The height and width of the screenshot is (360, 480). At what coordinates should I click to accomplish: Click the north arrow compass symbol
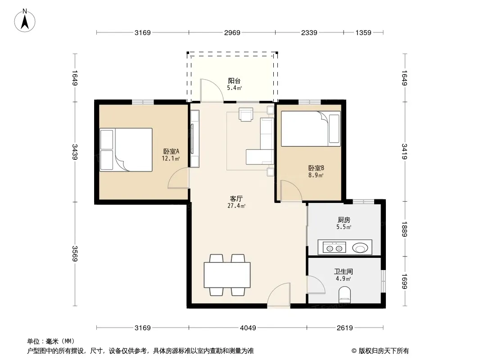[x=25, y=21]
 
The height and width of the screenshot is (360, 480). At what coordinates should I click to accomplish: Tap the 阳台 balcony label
[x=234, y=81]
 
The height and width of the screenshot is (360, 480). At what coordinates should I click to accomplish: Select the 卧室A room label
[x=171, y=151]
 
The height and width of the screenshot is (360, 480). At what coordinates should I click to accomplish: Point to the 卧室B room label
[x=316, y=168]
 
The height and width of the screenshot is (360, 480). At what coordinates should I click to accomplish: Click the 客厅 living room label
[x=236, y=198]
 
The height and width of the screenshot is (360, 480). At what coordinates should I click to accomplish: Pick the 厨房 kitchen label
[x=344, y=220]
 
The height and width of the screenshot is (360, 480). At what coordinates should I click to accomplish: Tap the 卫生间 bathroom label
[x=343, y=271]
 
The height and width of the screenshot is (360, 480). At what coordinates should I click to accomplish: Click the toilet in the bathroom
[x=345, y=294]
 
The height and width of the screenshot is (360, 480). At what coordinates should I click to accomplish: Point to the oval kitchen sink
[x=360, y=248]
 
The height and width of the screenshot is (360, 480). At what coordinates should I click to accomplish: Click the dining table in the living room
[x=227, y=275]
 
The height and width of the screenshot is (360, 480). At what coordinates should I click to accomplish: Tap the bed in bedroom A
[x=126, y=149]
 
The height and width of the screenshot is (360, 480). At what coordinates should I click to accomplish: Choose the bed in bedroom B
[x=311, y=129]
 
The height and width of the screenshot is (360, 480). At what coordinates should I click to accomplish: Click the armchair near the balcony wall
[x=246, y=115]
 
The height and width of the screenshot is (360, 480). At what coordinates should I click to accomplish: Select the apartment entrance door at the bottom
[x=279, y=295]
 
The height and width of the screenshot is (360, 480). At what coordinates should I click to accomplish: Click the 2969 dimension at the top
[x=232, y=32]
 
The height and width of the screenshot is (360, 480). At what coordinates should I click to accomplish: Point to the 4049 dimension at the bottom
[x=248, y=328]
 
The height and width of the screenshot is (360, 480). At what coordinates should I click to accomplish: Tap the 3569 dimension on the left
[x=75, y=253]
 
